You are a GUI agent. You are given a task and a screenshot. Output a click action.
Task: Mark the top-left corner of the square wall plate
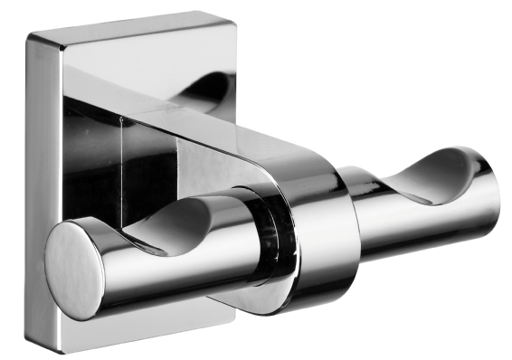pos(31,36)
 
